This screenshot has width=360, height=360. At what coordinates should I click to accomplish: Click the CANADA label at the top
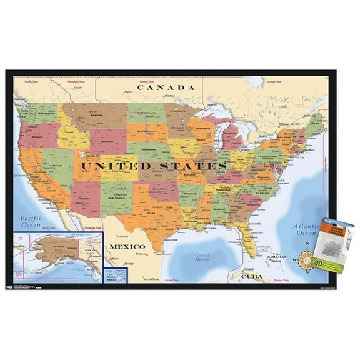click(166, 87)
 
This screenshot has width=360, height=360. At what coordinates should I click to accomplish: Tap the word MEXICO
click(127, 246)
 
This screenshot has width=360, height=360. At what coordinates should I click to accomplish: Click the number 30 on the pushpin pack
click(318, 264)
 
